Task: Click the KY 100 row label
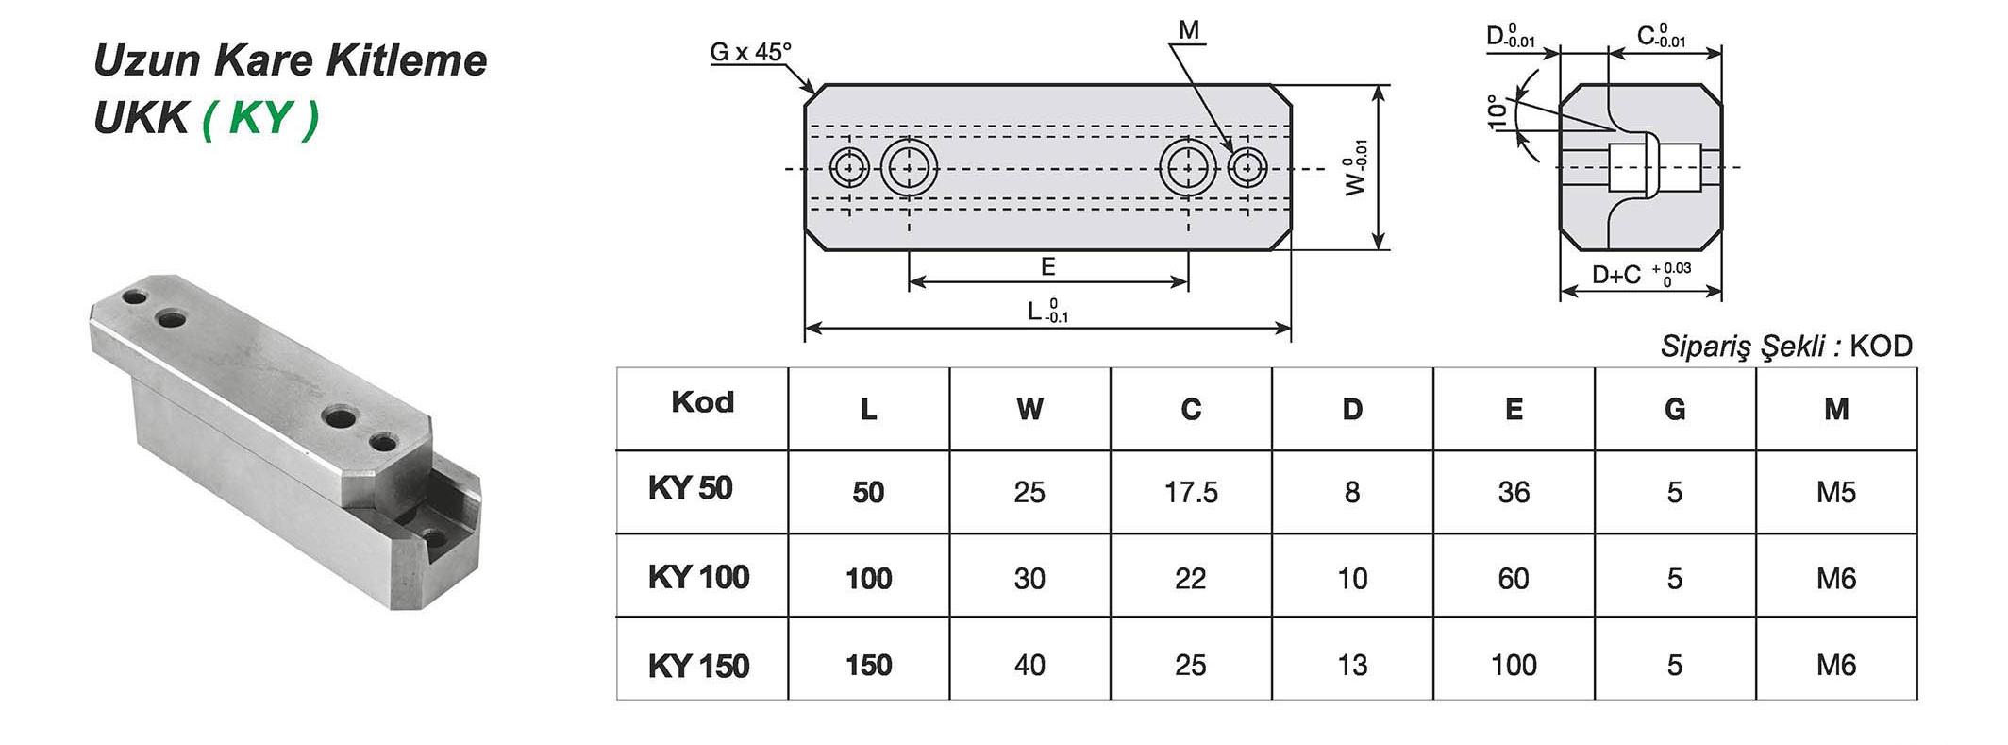(698, 577)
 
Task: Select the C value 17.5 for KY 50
(1191, 492)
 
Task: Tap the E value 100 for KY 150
(1514, 665)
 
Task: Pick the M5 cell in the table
(1835, 492)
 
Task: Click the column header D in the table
(1352, 409)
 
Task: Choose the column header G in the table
(1675, 409)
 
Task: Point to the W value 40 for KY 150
(1029, 665)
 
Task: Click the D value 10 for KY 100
(1352, 578)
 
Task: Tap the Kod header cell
(702, 402)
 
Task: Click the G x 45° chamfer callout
(750, 52)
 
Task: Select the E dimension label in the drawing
(1047, 267)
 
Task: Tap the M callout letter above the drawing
(1189, 30)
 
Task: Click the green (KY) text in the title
(260, 119)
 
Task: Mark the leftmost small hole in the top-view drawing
(849, 168)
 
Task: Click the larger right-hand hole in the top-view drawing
(1187, 168)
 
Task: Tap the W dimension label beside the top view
(1355, 168)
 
